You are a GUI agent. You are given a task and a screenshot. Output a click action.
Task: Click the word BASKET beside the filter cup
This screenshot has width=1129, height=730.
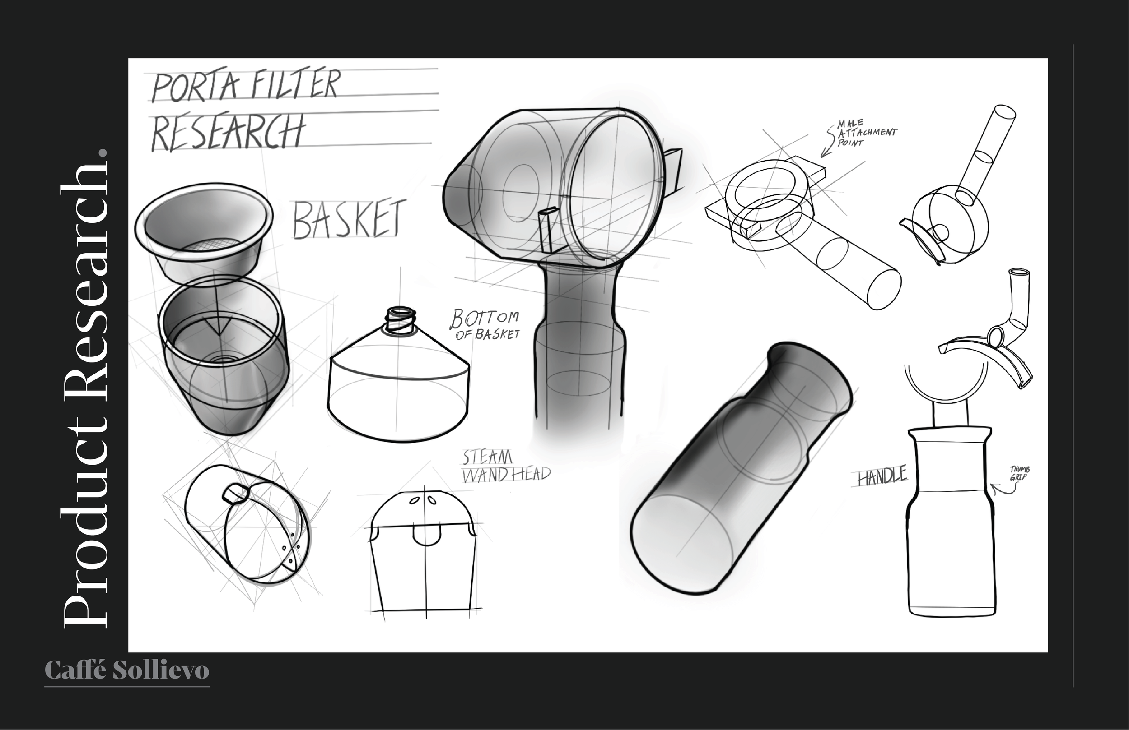click(x=349, y=219)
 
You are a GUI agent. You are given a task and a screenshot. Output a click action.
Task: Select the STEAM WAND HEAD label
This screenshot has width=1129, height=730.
click(x=505, y=467)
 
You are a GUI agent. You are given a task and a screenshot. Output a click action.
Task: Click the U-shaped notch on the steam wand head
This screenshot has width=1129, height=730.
click(x=425, y=535)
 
